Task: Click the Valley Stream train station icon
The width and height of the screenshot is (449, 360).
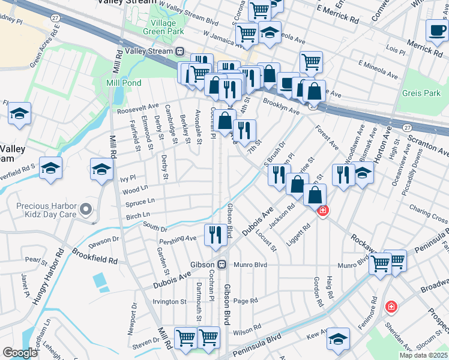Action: (179, 52)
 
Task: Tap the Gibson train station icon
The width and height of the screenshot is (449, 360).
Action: (221, 264)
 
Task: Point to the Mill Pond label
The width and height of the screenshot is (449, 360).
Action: (122, 83)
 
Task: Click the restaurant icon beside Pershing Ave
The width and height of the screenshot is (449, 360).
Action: (215, 235)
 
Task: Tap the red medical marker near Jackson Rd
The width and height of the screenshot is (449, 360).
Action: (322, 211)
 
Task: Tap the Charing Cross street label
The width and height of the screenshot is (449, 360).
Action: (429, 211)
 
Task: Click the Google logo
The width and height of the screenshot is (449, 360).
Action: (20, 353)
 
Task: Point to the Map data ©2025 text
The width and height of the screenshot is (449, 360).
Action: (423, 355)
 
